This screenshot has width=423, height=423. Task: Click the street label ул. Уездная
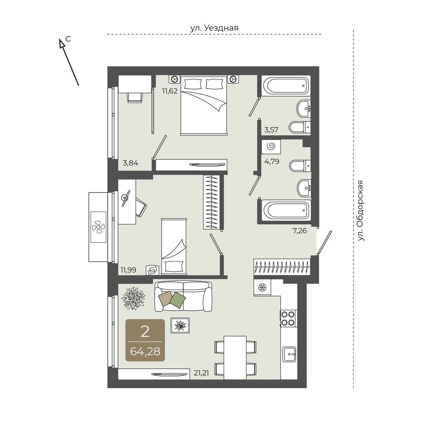pyautogui.click(x=214, y=28)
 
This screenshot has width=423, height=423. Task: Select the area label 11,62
pyautogui.click(x=170, y=91)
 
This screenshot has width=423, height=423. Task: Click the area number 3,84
pyautogui.click(x=131, y=163)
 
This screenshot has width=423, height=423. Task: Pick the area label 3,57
pyautogui.click(x=271, y=130)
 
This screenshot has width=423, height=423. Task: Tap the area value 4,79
pyautogui.click(x=272, y=161)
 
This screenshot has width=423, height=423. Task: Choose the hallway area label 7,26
pyautogui.click(x=299, y=231)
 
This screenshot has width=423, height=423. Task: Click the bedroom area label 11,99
pyautogui.click(x=128, y=270)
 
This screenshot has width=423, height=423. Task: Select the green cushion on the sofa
pyautogui.click(x=178, y=299)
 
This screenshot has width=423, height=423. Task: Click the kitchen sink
pyautogui.click(x=289, y=354)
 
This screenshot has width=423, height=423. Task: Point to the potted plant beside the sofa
pyautogui.click(x=133, y=299)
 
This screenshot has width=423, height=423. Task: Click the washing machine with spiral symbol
pyautogui.click(x=271, y=146)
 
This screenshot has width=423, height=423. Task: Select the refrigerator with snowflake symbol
pyautogui.click(x=262, y=288)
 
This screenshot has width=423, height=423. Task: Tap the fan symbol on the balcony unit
pyautogui.click(x=98, y=227)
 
